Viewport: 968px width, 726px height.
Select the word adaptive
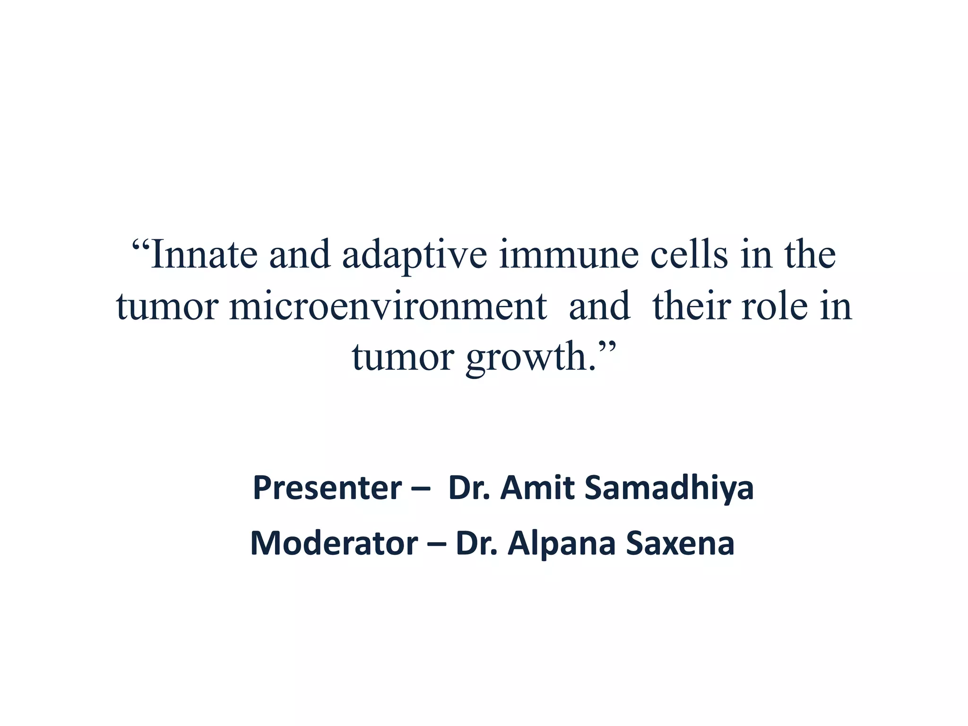click(415, 256)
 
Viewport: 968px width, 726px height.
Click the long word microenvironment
click(388, 307)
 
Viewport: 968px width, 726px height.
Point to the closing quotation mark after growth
click(607, 347)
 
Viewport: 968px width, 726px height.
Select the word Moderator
click(334, 543)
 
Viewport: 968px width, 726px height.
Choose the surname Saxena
click(680, 543)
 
